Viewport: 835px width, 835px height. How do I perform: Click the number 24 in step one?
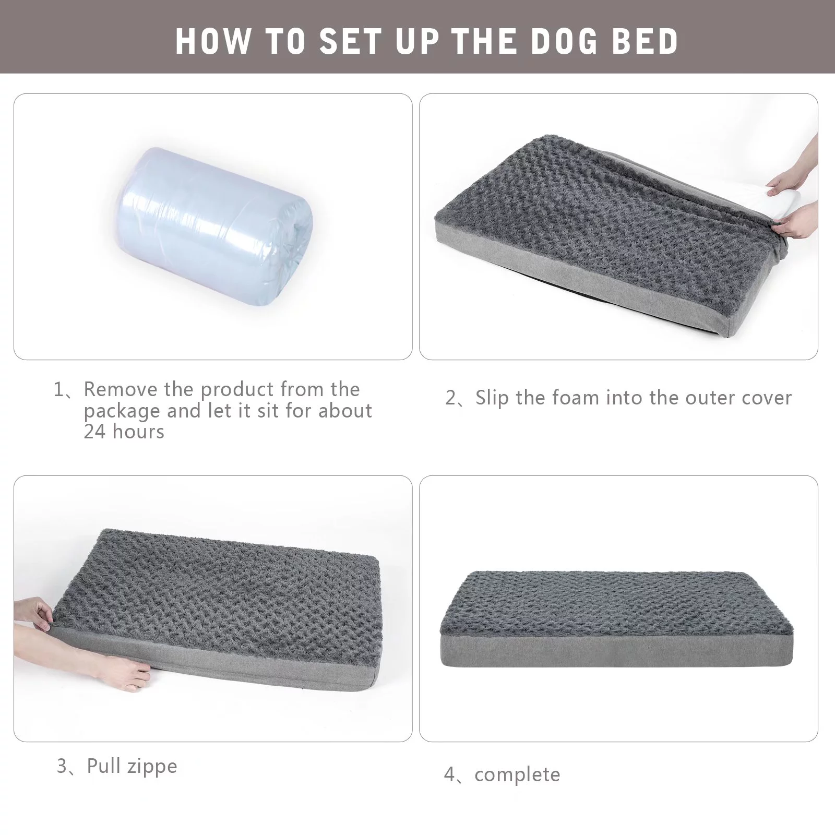(94, 432)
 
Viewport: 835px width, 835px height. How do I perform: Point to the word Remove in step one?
(121, 389)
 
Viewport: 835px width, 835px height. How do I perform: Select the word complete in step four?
(517, 774)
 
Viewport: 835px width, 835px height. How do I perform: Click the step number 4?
(450, 774)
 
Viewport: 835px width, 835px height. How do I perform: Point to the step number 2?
(451, 398)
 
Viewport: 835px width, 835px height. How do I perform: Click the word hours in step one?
(138, 432)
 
